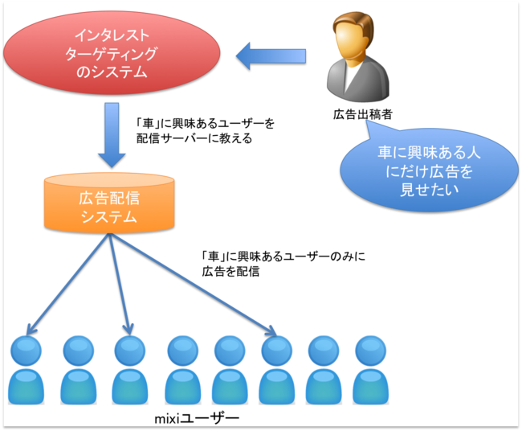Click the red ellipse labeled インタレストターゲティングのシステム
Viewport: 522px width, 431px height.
coord(112,53)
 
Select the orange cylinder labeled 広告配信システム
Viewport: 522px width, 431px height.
coord(109,202)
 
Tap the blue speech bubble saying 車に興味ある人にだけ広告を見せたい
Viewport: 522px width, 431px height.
coord(429,170)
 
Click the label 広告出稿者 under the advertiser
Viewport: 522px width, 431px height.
coord(362,114)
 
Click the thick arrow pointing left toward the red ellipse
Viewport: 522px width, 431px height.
coord(271,55)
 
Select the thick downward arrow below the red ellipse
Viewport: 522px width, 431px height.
coord(112,134)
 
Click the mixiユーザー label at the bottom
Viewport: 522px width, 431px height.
coord(197,418)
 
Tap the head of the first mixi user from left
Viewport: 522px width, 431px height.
coord(26,351)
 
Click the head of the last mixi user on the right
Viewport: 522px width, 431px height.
coord(370,351)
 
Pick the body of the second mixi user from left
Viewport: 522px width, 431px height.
coord(78,387)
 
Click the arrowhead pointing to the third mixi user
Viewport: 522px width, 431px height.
coord(128,330)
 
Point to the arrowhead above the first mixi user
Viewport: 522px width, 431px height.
coord(31,329)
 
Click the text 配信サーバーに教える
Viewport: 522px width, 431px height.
coord(194,138)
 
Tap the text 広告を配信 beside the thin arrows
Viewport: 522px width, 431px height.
coord(230,271)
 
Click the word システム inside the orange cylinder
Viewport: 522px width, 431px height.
coord(109,217)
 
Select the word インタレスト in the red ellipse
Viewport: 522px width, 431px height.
coord(112,35)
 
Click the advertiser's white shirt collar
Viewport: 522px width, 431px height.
coord(352,75)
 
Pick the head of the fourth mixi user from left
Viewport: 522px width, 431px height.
coord(183,351)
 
